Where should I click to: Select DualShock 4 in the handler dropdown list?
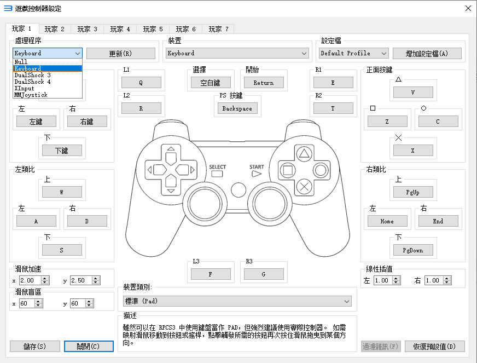(32, 82)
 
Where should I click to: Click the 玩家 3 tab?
(87, 29)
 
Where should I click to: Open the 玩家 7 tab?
(218, 29)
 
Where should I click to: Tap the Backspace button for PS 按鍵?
(237, 108)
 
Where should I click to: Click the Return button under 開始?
(263, 83)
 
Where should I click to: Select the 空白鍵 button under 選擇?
(211, 83)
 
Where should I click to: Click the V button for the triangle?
(413, 93)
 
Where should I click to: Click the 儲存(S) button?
(35, 347)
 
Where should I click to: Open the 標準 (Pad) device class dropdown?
(237, 301)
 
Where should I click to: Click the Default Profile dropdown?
(353, 53)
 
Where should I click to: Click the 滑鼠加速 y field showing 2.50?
(82, 280)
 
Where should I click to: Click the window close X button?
(468, 8)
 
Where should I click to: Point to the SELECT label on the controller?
(217, 167)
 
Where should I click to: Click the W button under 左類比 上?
(62, 192)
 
